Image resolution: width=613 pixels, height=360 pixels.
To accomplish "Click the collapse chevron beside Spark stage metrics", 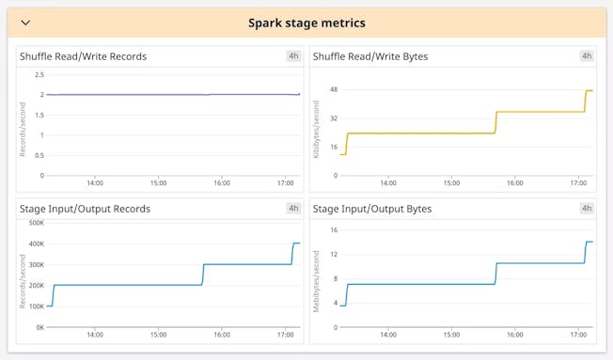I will tap(25, 23).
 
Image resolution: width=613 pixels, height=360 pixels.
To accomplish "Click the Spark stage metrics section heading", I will tap(306, 23).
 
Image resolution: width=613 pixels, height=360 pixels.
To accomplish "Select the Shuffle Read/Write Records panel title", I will tap(83, 56).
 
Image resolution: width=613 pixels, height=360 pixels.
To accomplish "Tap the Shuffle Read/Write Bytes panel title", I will tap(369, 56).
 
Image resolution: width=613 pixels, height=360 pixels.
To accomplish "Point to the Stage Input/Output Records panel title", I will tap(85, 209).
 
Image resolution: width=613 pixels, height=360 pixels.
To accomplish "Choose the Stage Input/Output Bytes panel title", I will tap(371, 209).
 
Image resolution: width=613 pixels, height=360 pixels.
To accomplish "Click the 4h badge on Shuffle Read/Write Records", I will tap(293, 56).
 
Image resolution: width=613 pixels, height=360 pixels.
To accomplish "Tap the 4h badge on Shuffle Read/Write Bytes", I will tap(587, 56).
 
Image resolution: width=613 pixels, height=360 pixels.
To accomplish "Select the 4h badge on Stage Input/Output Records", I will tap(293, 209).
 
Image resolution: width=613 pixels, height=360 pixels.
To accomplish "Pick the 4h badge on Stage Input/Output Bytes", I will tap(587, 209).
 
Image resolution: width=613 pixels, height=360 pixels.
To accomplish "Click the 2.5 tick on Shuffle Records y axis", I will tap(39, 74).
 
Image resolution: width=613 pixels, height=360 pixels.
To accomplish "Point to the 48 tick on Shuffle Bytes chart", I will tap(333, 90).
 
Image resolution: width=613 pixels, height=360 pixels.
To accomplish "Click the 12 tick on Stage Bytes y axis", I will tap(333, 254).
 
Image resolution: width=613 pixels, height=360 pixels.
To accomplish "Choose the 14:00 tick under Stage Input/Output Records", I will tap(95, 335).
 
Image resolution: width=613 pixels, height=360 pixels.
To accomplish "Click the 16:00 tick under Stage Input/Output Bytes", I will tap(514, 335).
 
